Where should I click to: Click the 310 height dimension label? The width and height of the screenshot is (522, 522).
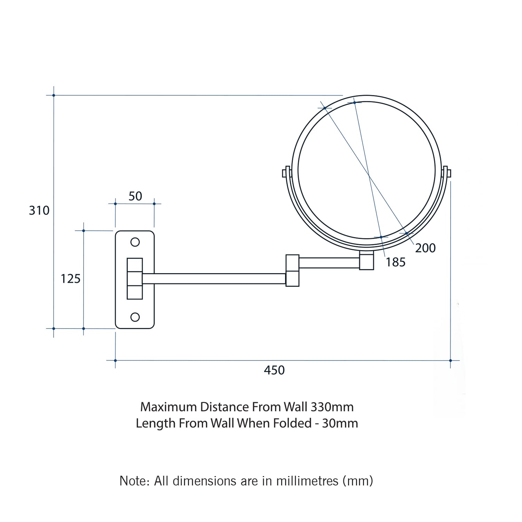click(x=39, y=211)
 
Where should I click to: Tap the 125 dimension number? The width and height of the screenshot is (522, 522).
click(x=71, y=279)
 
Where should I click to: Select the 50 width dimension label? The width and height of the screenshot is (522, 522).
click(x=135, y=196)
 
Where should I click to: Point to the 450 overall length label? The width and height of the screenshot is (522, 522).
click(x=274, y=370)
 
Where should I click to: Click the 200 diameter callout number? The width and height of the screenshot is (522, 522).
click(x=426, y=248)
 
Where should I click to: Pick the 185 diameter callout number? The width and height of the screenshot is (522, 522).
click(x=396, y=262)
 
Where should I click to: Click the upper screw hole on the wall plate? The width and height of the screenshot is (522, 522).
click(x=135, y=242)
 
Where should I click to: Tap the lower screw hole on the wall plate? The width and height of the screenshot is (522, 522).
click(x=135, y=317)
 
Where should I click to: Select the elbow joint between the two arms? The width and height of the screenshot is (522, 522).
click(x=292, y=270)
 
